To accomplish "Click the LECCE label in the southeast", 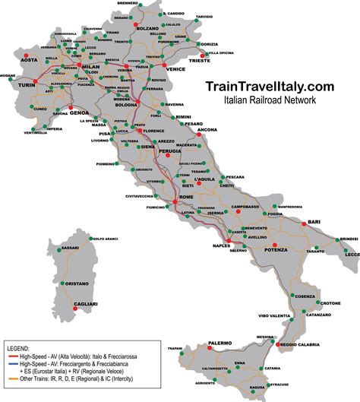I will [352, 255].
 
